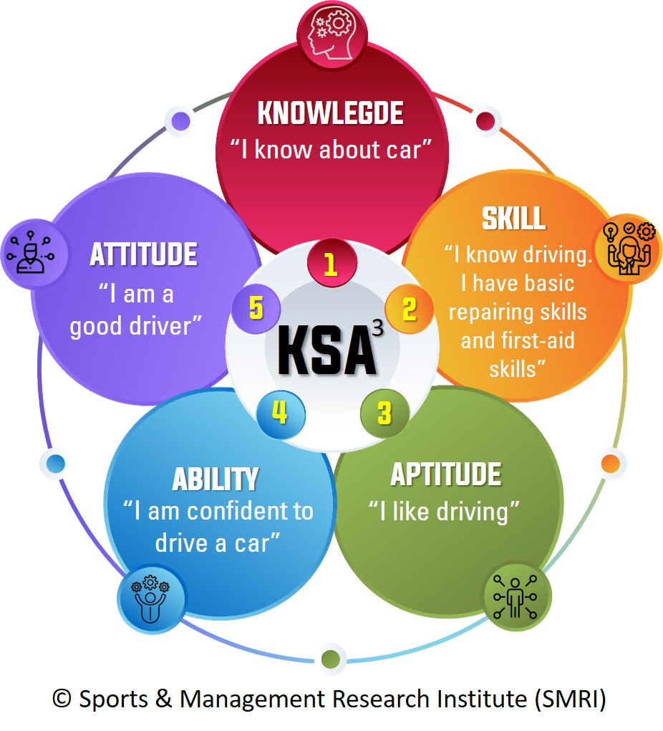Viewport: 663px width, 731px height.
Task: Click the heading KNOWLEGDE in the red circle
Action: click(330, 113)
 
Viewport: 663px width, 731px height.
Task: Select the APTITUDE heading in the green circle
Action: click(445, 474)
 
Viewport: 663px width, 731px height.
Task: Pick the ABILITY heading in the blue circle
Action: click(215, 478)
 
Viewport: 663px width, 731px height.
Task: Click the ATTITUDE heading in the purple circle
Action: click(143, 254)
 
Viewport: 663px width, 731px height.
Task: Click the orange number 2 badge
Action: click(409, 309)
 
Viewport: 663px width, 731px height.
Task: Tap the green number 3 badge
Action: click(385, 413)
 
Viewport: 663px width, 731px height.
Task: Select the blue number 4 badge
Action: click(280, 413)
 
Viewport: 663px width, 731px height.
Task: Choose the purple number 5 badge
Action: click(256, 309)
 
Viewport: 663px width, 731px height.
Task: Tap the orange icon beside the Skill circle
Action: click(626, 248)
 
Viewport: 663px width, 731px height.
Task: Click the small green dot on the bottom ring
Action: click(330, 658)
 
